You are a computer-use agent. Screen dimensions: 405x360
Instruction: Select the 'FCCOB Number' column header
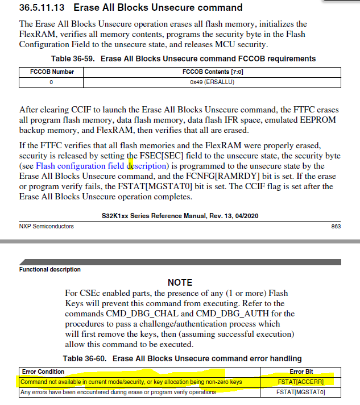tap(51, 72)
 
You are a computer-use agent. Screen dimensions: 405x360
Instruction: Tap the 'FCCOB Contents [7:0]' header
tap(212, 72)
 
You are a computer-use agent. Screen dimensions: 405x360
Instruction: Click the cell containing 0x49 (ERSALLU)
tap(212, 82)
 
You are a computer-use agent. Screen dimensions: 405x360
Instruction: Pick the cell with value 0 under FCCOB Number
tap(51, 82)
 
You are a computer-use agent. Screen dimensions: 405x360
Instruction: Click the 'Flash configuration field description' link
tap(102, 166)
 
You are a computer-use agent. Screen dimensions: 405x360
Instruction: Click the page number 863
tap(336, 226)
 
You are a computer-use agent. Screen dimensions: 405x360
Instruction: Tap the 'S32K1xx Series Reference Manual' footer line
tap(180, 215)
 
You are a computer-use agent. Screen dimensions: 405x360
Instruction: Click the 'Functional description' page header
tap(50, 269)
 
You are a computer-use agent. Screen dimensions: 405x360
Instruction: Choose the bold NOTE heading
tap(180, 282)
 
